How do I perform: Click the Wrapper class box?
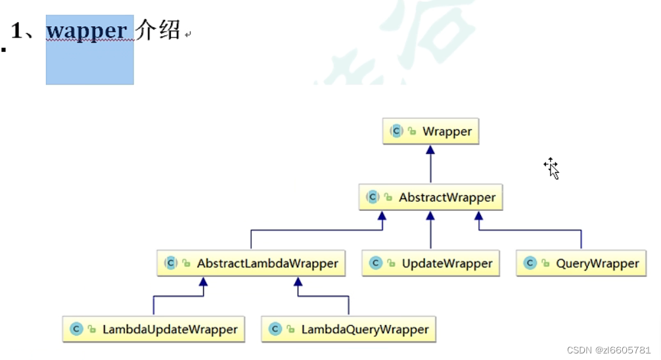[431, 131]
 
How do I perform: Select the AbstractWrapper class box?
[431, 197]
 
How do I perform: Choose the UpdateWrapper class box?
[431, 263]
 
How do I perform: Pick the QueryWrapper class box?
[581, 263]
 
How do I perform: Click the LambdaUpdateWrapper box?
[154, 329]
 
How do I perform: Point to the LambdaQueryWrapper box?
[349, 329]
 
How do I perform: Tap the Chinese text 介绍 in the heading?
[158, 30]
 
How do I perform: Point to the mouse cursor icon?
[552, 168]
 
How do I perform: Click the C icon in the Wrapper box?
[396, 131]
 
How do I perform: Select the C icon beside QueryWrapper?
[530, 263]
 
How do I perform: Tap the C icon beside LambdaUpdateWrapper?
[76, 329]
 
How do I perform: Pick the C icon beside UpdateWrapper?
[376, 263]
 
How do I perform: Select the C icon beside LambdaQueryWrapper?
[275, 329]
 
